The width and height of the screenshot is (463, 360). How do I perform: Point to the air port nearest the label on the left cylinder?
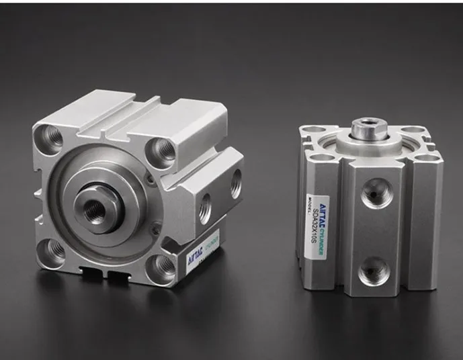[204, 209]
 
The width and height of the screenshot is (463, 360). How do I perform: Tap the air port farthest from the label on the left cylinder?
[236, 183]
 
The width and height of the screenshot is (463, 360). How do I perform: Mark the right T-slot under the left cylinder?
[118, 277]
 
